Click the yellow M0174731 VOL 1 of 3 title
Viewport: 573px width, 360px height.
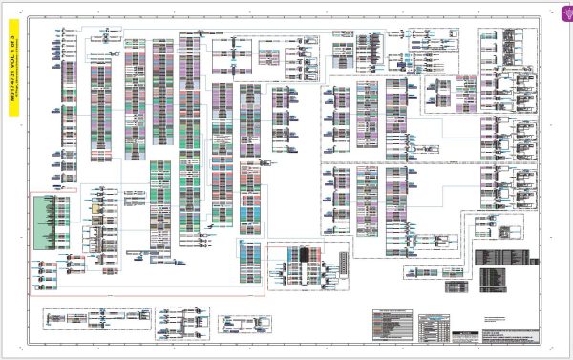pyautogui.click(x=13, y=76)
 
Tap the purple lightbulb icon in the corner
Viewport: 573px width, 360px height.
pyautogui.click(x=563, y=8)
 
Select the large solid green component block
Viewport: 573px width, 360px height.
pyautogui.click(x=45, y=223)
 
